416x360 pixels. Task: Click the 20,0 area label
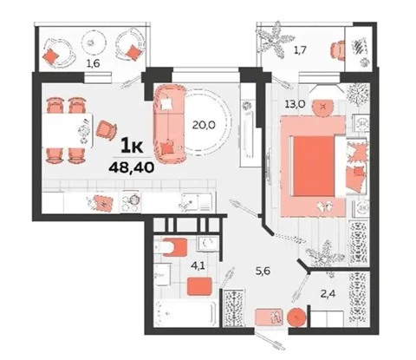point(204,125)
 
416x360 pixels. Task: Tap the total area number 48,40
point(131,167)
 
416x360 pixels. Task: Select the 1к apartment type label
point(132,145)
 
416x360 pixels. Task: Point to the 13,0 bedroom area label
point(295,103)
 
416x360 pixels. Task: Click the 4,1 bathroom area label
point(199,265)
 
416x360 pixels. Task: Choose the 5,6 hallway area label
point(263,271)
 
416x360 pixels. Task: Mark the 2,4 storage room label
point(328,294)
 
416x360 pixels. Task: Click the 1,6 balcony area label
point(94,63)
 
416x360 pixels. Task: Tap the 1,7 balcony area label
point(300,50)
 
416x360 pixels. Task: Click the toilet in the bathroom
point(171,247)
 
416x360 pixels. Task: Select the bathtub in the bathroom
point(185,312)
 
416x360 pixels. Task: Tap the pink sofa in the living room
point(170,124)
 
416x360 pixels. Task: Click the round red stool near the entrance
point(296,317)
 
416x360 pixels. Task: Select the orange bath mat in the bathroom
point(199,286)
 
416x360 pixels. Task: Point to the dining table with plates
point(68,130)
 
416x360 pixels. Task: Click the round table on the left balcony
point(91,43)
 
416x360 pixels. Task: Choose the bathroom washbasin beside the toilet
point(207,243)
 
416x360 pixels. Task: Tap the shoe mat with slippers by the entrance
point(269,317)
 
